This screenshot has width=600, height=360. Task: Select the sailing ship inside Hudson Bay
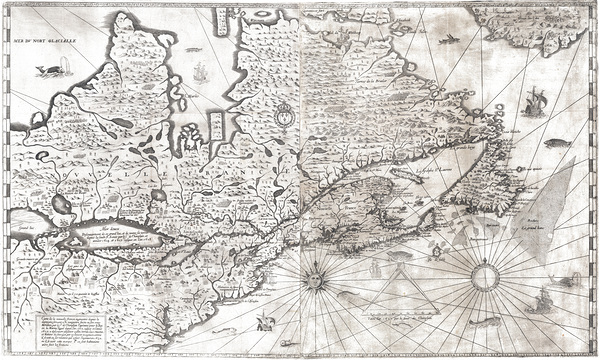point(201,72)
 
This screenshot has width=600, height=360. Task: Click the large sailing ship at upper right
point(533,102)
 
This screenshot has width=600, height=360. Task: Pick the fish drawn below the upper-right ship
point(556,143)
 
